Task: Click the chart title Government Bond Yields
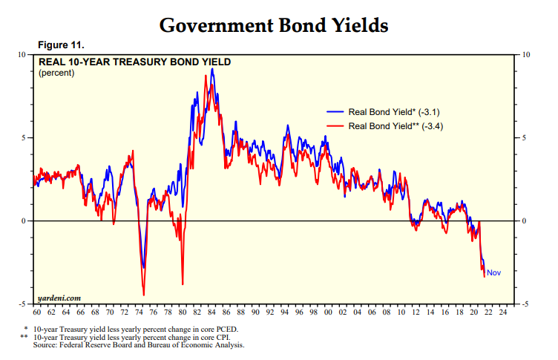pos(274,25)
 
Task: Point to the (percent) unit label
pos(56,73)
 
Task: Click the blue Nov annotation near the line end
pos(494,273)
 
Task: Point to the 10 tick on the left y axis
pos(22,55)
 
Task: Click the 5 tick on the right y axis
pos(525,138)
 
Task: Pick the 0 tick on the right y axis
pos(525,221)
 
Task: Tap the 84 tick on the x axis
pos(212,312)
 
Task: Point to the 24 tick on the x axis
pos(504,312)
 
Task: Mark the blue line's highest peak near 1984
pos(212,69)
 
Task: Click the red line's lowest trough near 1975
pos(144,295)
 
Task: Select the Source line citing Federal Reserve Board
pos(138,344)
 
